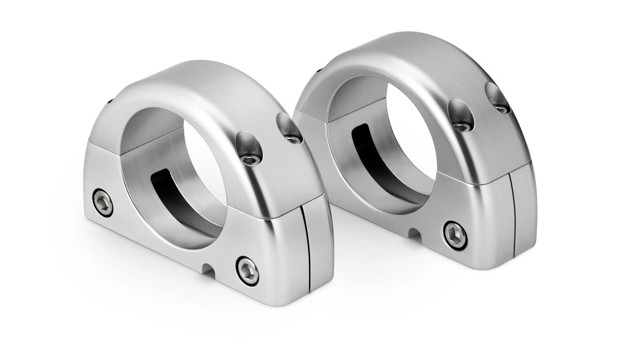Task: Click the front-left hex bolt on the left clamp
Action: [103, 203]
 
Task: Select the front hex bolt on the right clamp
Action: [455, 235]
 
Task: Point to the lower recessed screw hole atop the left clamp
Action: [248, 150]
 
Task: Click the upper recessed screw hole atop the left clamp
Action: [289, 128]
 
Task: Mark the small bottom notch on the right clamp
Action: [415, 234]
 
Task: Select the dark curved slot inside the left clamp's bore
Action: [171, 195]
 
